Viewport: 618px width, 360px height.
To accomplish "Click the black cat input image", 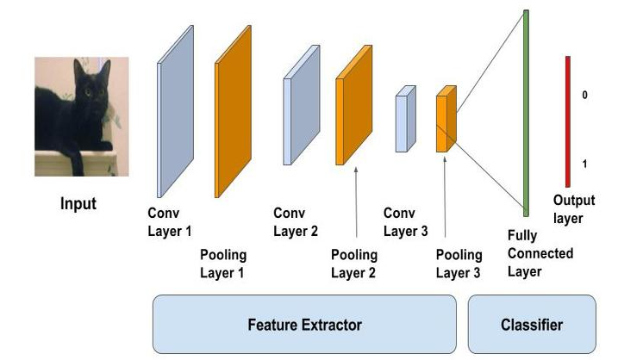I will point(81,116).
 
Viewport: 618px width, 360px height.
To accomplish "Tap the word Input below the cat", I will point(78,205).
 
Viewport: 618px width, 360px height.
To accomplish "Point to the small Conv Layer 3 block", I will point(405,119).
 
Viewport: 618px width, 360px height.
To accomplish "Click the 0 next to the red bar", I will point(585,95).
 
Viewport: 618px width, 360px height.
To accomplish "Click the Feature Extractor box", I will point(305,325).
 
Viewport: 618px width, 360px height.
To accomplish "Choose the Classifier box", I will point(532,325).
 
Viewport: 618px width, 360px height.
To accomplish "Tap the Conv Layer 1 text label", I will point(169,222).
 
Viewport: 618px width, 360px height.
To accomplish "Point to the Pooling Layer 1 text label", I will point(222,264).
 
